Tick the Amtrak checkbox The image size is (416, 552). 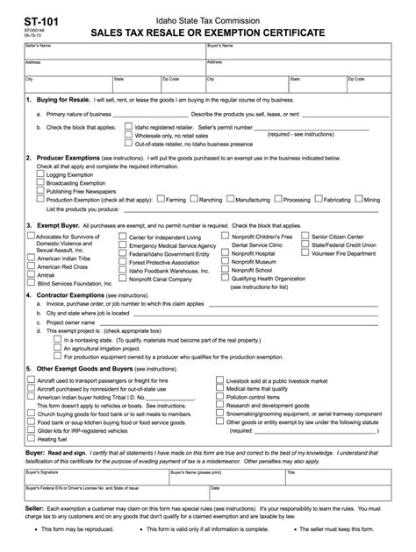tap(32, 275)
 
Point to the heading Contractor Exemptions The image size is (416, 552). tap(68, 296)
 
